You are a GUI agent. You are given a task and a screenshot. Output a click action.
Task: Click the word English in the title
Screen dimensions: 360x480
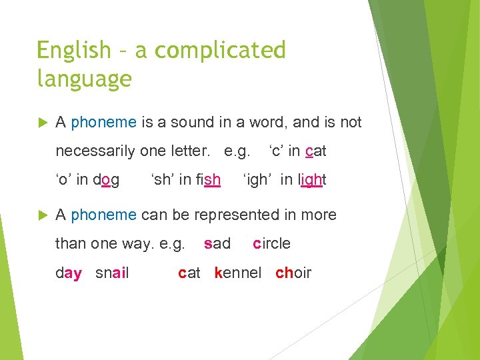tap(73, 51)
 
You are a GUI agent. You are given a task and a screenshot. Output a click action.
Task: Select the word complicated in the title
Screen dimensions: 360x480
tap(211, 51)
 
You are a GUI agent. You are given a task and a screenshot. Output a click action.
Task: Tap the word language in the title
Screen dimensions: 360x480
tap(84, 79)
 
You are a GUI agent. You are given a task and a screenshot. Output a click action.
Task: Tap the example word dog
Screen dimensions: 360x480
tap(106, 180)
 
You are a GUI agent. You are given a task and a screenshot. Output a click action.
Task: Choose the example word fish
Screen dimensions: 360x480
tap(204, 180)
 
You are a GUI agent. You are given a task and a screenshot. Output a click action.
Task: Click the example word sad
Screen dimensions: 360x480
tap(217, 243)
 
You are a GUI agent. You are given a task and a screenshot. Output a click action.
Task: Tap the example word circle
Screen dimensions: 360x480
tap(271, 243)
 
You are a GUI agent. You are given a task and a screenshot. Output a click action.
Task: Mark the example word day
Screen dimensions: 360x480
tap(69, 273)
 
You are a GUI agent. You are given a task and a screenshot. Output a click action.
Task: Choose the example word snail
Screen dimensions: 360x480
tap(112, 273)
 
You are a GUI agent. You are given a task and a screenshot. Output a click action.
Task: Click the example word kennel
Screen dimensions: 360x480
tap(238, 273)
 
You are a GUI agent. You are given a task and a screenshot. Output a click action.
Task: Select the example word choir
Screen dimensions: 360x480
tap(293, 273)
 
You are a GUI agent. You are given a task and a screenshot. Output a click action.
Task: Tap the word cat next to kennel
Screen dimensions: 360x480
tap(189, 273)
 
